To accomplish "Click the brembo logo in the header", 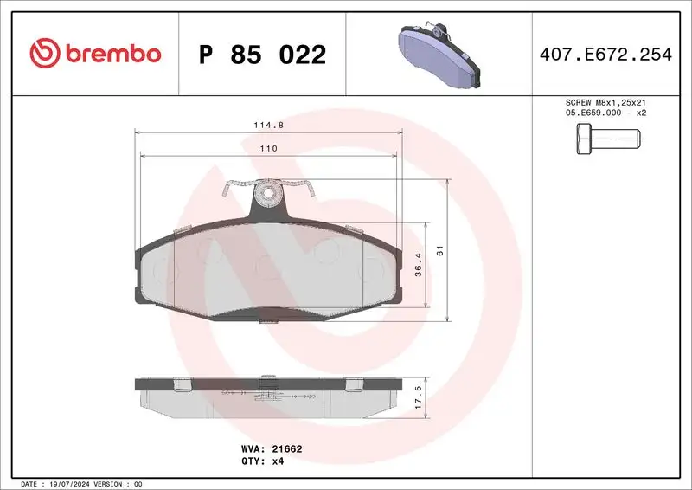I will (x=95, y=54).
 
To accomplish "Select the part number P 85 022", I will (x=262, y=55).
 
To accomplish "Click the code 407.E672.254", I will (x=605, y=55).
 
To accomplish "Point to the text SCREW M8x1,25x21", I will (x=605, y=102).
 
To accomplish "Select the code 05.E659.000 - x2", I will (x=605, y=113).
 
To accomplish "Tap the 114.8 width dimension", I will (x=268, y=125).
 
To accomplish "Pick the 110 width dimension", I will (x=268, y=149).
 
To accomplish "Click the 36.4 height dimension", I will (x=418, y=265).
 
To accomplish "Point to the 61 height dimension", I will (x=439, y=250).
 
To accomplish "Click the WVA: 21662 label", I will (x=271, y=449).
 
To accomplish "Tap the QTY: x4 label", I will (x=261, y=461).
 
